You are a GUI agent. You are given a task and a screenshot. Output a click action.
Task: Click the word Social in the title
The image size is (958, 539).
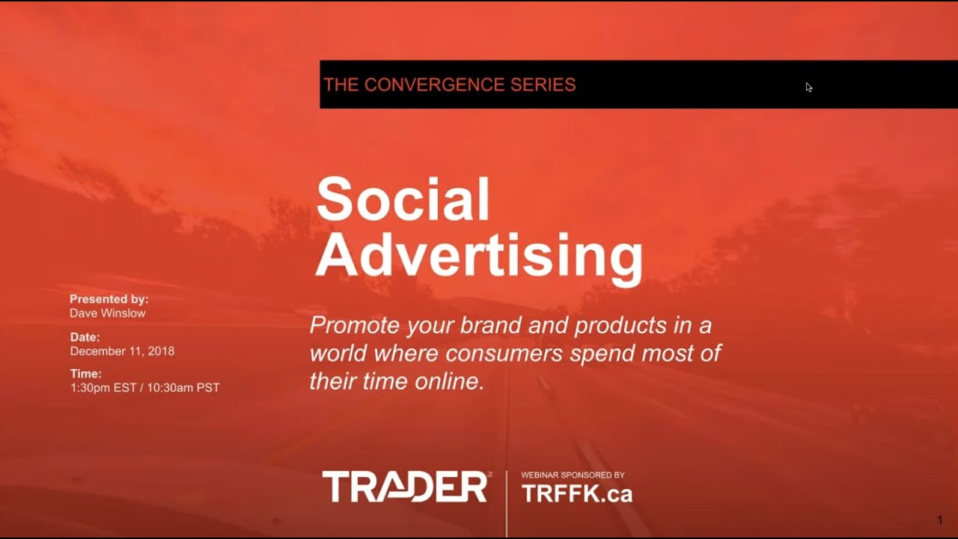click(x=403, y=200)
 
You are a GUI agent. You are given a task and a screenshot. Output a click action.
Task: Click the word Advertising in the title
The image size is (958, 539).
click(x=479, y=257)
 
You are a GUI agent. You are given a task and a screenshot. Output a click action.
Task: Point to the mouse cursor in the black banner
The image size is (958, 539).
click(x=808, y=87)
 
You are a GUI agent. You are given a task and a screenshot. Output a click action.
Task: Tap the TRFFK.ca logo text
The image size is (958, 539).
click(x=577, y=494)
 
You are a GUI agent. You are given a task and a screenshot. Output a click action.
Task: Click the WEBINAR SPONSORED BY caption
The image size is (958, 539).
click(x=573, y=475)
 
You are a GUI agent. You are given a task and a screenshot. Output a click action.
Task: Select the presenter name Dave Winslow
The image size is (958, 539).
click(x=108, y=313)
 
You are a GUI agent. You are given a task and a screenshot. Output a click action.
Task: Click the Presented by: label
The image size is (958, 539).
click(x=109, y=299)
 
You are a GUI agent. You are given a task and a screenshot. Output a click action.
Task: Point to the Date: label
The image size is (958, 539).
click(x=85, y=337)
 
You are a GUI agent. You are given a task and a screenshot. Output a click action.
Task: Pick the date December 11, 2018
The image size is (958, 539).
click(x=122, y=350)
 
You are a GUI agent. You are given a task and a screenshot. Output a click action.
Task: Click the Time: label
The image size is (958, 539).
click(x=85, y=374)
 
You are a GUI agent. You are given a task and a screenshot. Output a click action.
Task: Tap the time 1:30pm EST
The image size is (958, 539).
click(x=103, y=388)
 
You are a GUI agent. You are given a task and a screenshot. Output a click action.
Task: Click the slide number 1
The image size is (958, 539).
click(x=940, y=520)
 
